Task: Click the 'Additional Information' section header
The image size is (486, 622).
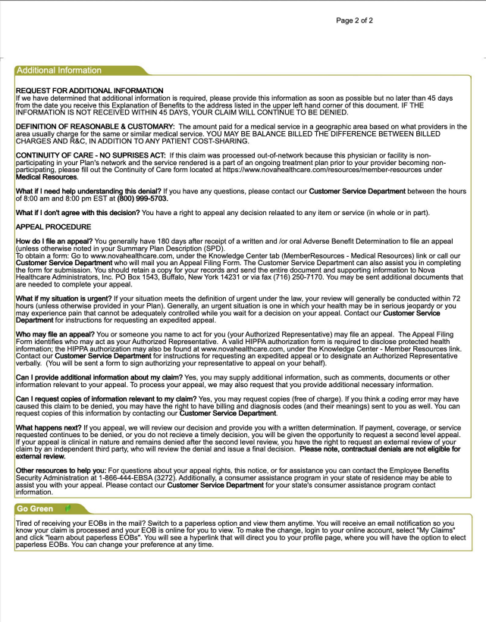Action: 59,70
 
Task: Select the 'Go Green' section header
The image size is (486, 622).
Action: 35,508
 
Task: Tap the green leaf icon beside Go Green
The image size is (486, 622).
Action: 67,508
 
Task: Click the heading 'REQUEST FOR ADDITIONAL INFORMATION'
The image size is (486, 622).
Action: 89,91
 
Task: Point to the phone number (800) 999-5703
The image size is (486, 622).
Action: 143,198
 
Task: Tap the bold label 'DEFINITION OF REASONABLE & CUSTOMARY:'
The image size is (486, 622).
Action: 95,127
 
